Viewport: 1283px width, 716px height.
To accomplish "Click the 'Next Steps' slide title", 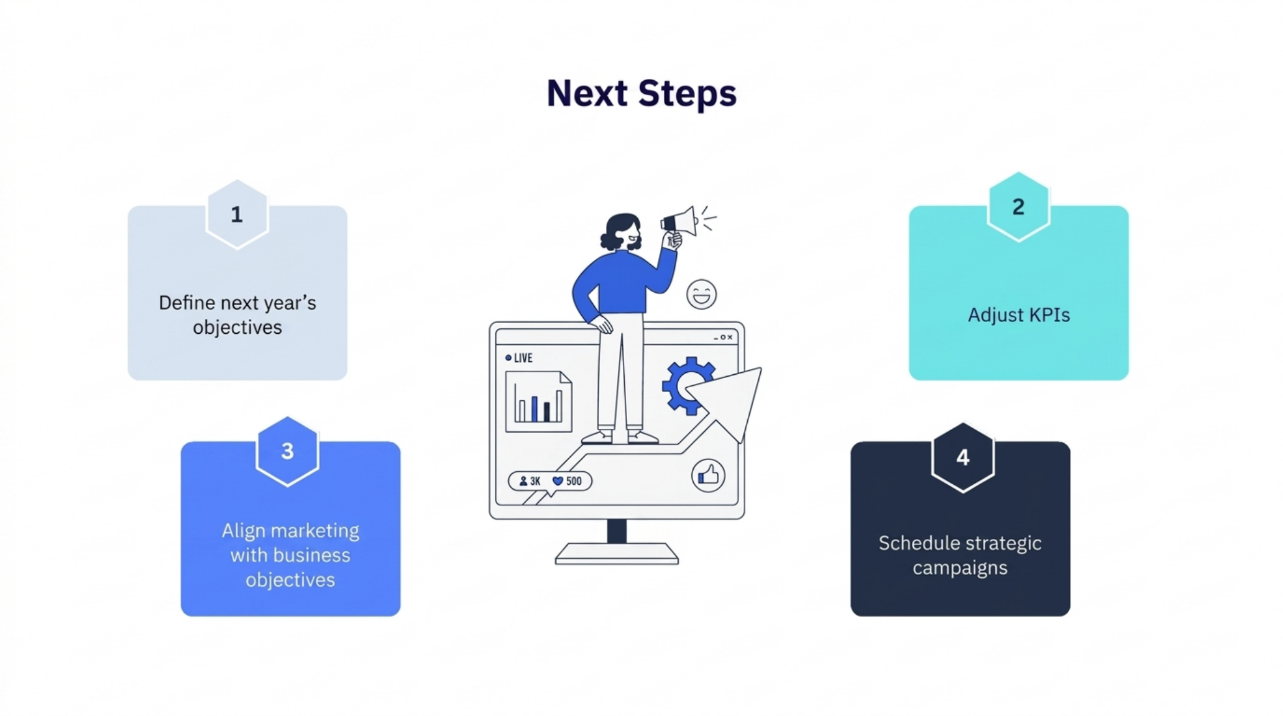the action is tap(641, 93).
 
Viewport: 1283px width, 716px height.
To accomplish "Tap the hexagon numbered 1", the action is tap(237, 214).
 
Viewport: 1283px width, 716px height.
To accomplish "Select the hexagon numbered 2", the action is tap(1018, 207).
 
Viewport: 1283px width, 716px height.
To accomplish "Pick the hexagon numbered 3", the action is tap(287, 451).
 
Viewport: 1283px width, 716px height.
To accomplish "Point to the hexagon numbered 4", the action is tap(963, 458).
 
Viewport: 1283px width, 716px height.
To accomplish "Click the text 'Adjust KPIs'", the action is tap(1019, 315).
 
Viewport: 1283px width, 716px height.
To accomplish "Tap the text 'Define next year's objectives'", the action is tap(237, 315).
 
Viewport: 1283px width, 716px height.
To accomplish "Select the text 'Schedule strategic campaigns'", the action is tap(960, 555).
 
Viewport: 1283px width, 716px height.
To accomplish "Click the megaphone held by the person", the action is tap(679, 221).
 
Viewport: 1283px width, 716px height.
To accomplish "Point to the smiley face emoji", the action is tap(701, 294).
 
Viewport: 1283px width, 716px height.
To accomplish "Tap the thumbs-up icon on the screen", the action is tap(708, 475).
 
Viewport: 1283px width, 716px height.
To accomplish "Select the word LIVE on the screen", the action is tap(523, 358).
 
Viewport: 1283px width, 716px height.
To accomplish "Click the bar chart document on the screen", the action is tap(538, 402).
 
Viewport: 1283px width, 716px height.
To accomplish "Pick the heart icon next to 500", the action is tap(558, 481).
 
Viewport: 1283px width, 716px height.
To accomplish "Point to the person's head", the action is tap(622, 232).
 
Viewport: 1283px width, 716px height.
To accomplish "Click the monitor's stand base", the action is tap(617, 553).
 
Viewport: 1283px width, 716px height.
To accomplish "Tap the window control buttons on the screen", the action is tap(724, 337).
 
